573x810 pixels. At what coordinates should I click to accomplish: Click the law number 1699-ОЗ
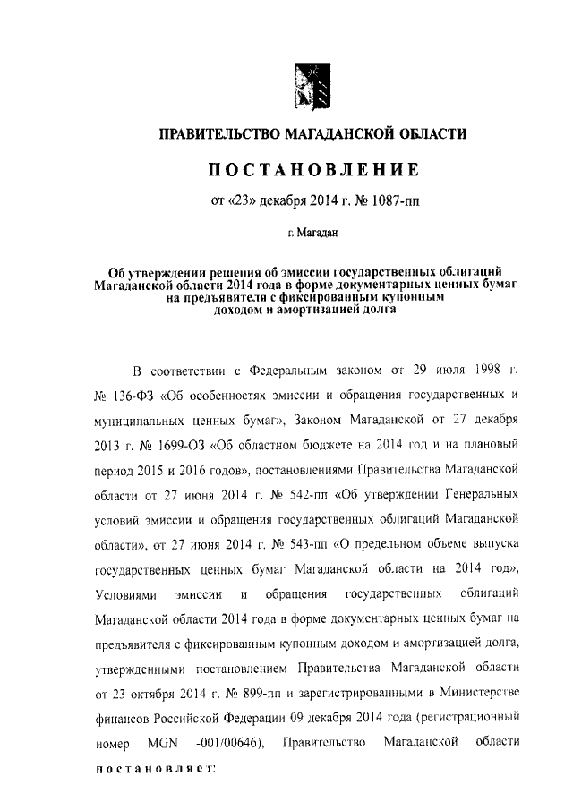tap(159, 444)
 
